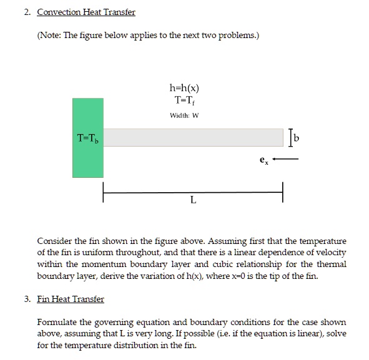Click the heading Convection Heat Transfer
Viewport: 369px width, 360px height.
point(86,12)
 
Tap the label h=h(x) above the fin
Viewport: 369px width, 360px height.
point(184,89)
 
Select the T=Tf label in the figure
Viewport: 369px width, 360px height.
point(184,100)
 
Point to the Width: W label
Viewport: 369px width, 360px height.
point(184,115)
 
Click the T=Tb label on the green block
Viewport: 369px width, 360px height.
point(87,137)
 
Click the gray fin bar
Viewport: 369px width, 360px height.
point(193,137)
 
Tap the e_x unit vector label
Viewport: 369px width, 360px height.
point(264,158)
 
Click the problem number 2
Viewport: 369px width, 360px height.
point(27,12)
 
